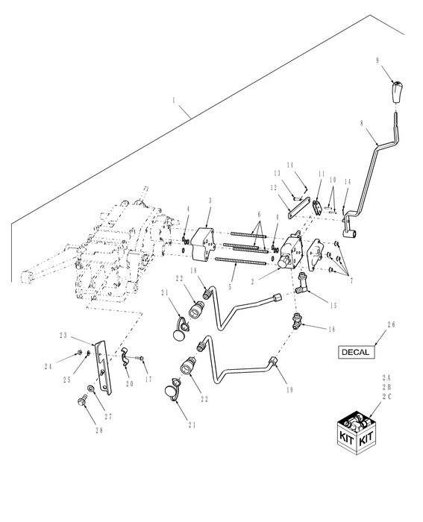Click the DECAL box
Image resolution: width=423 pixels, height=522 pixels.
[x=357, y=352]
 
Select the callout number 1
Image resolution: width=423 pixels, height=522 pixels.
[x=174, y=100]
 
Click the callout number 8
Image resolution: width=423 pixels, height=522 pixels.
[x=362, y=123]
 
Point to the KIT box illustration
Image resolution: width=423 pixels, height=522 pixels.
[x=357, y=433]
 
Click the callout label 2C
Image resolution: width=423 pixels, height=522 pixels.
[x=386, y=397]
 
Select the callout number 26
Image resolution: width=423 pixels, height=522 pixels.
[x=391, y=324]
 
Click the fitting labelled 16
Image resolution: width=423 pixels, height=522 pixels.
[x=296, y=321]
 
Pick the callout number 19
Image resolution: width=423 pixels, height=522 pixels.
[x=289, y=390]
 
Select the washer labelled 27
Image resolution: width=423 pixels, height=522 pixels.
[x=90, y=389]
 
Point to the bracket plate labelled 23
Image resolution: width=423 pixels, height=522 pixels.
[x=104, y=367]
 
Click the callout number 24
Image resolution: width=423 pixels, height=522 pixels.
[x=48, y=367]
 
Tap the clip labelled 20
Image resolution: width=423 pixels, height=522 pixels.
[x=125, y=357]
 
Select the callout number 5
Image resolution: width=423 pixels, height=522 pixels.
[x=230, y=286]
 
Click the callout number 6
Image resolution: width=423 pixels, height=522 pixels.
[x=259, y=214]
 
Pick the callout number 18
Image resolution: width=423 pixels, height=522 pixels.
[x=194, y=270]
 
